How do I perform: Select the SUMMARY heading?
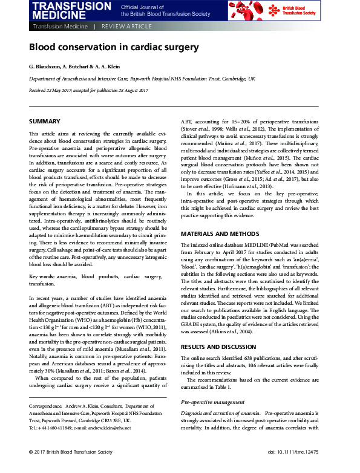pyautogui.click(x=44, y=122)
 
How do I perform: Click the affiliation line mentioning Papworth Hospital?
pyautogui.click(x=142, y=79)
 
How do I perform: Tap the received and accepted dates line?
pyautogui.click(x=89, y=90)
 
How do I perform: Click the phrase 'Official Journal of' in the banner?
pyautogui.click(x=139, y=6)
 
